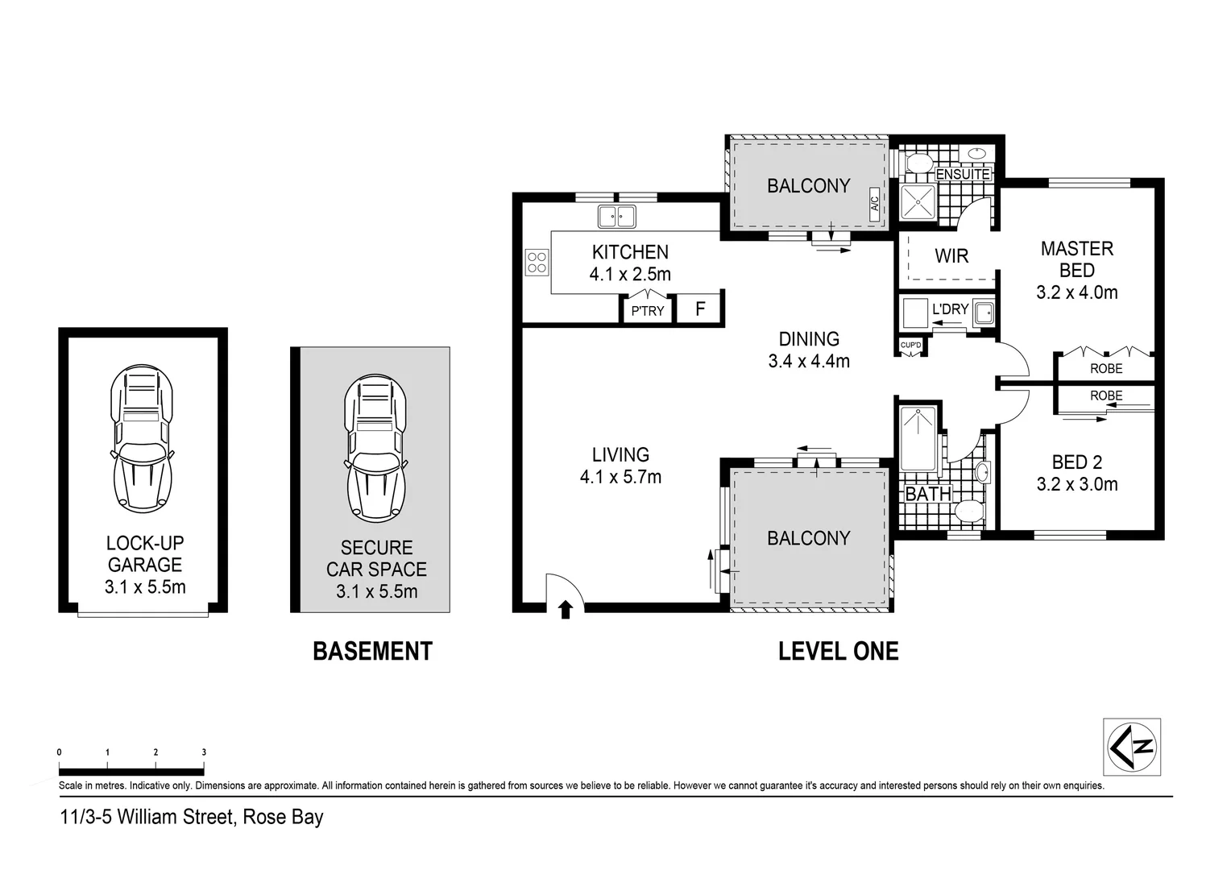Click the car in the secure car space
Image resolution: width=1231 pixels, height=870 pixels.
coord(375,448)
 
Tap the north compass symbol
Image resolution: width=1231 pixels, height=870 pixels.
coord(1131,747)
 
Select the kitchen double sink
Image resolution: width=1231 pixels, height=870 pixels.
coord(616,217)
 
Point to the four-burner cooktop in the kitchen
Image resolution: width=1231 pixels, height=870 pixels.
coord(537,263)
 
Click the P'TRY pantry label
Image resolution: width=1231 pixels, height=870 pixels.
coord(647,311)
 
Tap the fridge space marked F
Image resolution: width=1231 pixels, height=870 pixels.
coord(700,309)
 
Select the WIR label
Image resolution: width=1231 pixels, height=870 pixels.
coord(951,256)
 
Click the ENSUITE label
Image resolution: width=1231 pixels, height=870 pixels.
coord(963,174)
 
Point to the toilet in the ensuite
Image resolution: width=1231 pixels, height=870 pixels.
coord(917,164)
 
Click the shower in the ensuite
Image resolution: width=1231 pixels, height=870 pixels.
coord(918,204)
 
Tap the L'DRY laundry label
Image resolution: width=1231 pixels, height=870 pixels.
coord(950,309)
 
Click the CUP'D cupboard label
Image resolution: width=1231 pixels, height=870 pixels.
coord(910,346)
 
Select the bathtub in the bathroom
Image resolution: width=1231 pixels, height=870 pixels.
coord(918,439)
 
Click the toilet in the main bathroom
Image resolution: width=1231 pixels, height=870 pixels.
coord(967,510)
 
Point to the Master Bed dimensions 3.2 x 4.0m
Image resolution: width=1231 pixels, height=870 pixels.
coord(1076,292)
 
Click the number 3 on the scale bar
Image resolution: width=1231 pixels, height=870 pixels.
coord(204,752)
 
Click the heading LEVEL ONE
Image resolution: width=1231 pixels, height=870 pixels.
coord(838,651)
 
